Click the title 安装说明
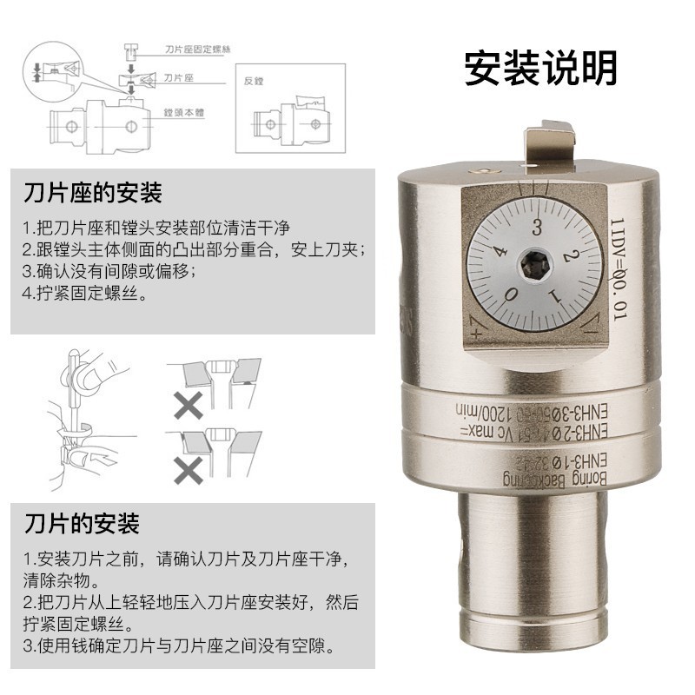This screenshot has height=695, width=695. point(540,69)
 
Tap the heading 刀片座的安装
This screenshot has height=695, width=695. point(94,191)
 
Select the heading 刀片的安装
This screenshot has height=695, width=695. point(82,524)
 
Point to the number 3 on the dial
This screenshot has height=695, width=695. point(538,229)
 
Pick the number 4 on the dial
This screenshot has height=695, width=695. point(499,252)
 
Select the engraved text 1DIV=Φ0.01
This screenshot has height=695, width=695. point(619,269)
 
